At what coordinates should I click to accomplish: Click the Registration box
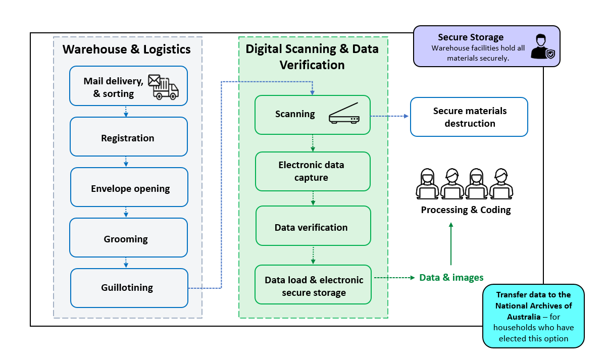point(128,137)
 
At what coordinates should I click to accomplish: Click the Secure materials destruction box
point(469,117)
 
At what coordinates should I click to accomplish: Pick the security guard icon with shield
point(543,47)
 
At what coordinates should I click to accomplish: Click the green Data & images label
point(451,278)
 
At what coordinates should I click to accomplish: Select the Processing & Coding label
point(466,210)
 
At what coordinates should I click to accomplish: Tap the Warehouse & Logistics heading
point(126,49)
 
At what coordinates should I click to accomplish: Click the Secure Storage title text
point(470,37)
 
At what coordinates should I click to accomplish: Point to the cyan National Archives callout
point(533,316)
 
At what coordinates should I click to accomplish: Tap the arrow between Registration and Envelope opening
point(126,162)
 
